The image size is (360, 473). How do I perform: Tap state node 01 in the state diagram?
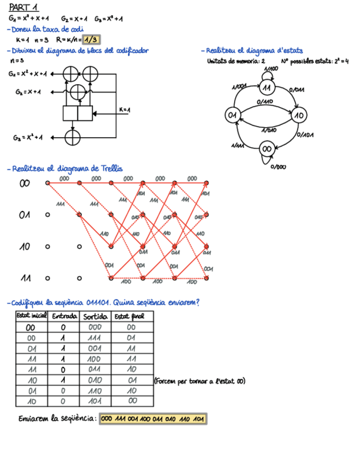(232, 115)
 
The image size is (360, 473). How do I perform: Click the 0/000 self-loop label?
(279, 166)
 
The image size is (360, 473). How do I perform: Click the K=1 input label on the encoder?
(124, 109)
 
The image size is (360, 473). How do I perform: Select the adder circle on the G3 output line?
(72, 137)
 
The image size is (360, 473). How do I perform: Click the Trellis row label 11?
(25, 277)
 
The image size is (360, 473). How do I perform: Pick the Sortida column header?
(95, 316)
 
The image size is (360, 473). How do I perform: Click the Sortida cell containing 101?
(95, 401)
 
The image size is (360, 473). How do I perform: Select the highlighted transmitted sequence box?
(153, 419)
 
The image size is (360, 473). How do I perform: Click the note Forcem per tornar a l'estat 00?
(199, 381)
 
